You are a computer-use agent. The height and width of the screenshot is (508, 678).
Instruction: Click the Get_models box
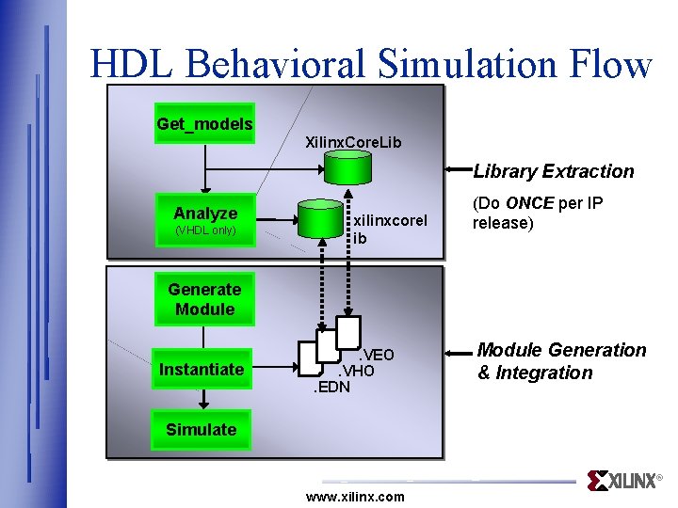[x=204, y=123]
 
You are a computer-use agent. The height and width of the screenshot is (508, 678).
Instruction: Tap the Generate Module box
[x=204, y=299]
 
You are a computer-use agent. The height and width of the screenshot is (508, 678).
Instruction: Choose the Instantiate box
[x=201, y=369]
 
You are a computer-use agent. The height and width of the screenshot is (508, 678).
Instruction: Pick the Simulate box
[x=201, y=430]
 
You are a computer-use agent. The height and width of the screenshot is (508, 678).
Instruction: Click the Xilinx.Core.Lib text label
[x=353, y=142]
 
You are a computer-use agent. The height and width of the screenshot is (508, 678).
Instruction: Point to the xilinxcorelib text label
[x=389, y=230]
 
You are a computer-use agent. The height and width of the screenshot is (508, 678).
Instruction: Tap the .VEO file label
[x=375, y=355]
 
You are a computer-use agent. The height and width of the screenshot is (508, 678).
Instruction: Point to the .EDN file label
[x=331, y=387]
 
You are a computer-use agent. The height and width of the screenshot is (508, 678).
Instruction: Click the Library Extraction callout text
[x=554, y=171]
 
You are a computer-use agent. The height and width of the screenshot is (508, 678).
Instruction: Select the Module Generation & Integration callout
[x=561, y=361]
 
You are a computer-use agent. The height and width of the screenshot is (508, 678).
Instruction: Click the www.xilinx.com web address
[x=355, y=497]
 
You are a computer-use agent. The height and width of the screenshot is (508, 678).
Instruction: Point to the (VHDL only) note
[x=205, y=230]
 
